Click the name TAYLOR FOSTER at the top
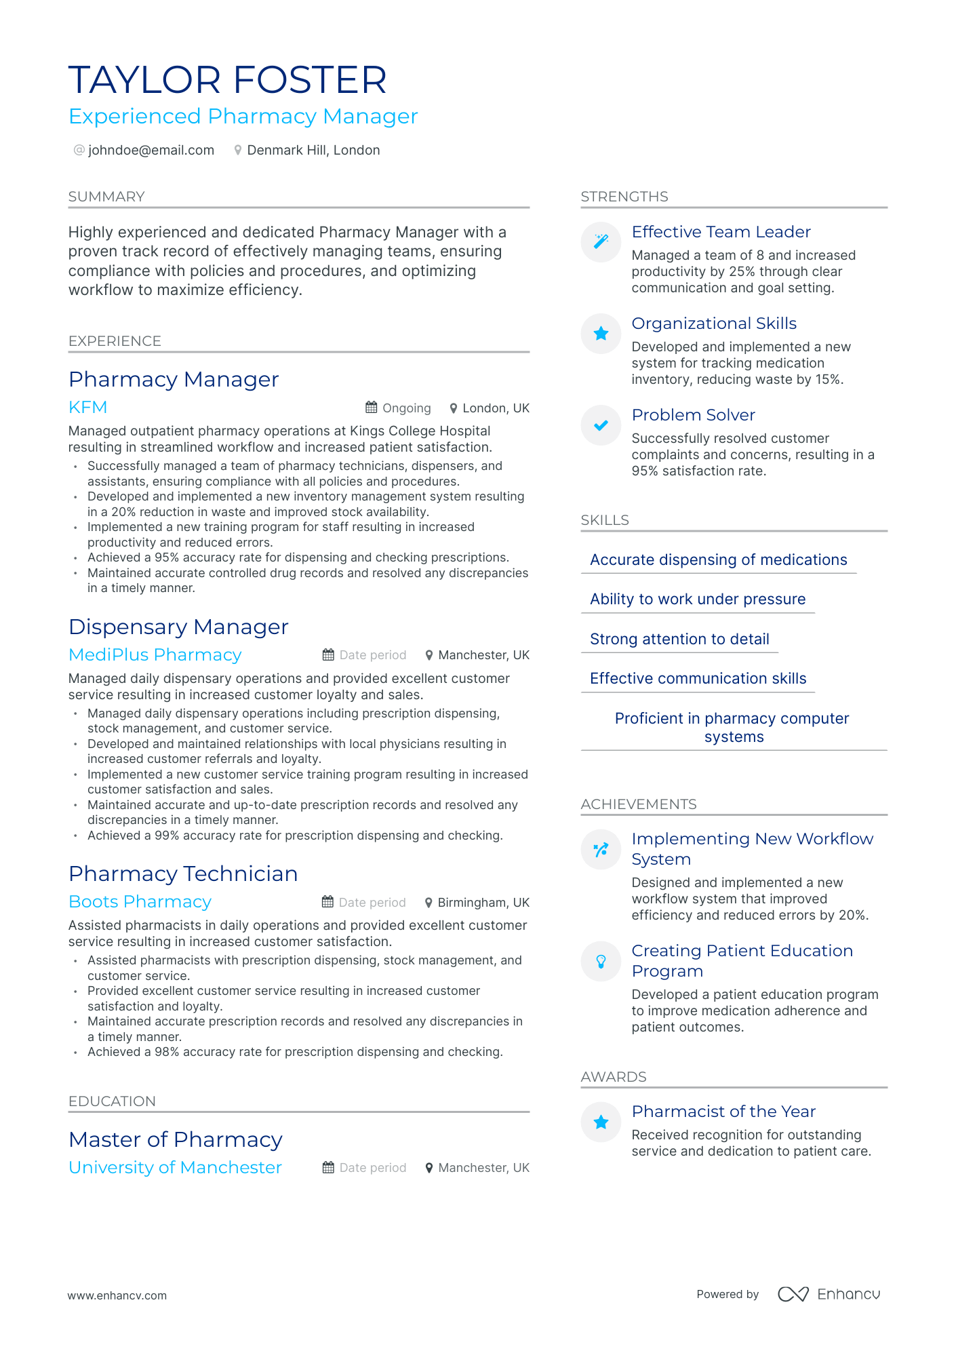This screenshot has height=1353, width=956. point(227,80)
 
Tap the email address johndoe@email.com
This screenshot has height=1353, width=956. point(151,150)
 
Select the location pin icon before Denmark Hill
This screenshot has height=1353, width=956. point(238,150)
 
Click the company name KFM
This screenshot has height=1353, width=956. point(87,407)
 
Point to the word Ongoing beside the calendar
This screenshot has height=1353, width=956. point(406,408)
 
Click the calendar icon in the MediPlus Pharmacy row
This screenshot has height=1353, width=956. point(328,654)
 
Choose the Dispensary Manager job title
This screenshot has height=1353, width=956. point(178,627)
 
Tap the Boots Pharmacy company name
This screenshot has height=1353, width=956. point(140,901)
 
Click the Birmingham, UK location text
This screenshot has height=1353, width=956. point(483,902)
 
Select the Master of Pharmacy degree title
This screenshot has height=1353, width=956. point(175,1139)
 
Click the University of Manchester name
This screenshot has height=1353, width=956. point(175,1167)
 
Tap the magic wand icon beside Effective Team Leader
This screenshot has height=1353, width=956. point(601,241)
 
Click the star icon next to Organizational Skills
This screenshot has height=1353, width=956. point(601,333)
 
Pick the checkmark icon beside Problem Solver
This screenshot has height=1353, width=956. point(601,425)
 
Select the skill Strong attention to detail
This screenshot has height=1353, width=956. point(679,639)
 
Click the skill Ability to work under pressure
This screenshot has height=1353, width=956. point(698,599)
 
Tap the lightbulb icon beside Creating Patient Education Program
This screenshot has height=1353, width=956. point(601,961)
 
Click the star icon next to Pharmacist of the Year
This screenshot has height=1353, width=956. point(601,1122)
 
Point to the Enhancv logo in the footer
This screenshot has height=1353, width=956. point(829,1294)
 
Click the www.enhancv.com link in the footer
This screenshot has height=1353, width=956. point(117,1295)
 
